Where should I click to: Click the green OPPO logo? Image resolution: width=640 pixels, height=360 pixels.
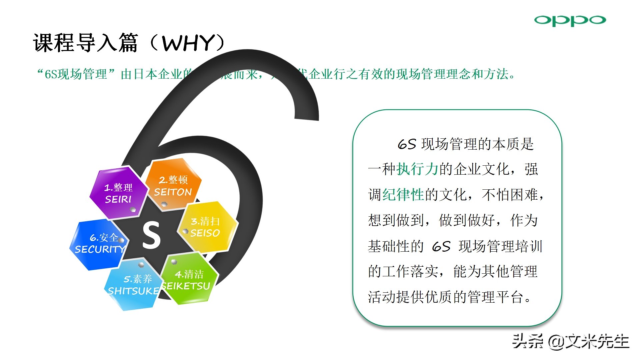tap(570, 20)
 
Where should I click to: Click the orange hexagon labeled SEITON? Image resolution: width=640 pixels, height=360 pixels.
tap(173, 185)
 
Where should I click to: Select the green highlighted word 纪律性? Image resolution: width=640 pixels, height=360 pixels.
tap(403, 195)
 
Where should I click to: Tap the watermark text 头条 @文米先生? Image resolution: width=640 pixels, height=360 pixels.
tap(570, 341)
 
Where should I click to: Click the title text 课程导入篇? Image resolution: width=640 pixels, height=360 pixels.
tap(85, 43)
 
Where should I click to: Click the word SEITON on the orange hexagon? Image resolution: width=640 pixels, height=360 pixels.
tap(173, 192)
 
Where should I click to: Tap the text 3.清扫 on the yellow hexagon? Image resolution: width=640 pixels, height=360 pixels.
tap(205, 221)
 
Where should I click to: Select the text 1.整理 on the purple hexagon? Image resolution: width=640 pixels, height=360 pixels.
tap(118, 187)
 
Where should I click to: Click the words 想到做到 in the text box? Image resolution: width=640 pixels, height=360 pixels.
tap(396, 220)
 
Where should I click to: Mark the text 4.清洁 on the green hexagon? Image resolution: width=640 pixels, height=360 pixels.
tap(189, 274)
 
